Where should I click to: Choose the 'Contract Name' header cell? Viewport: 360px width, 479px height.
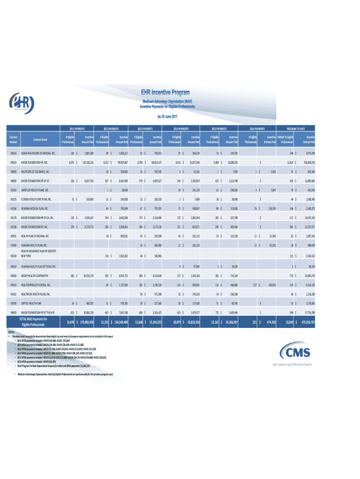coord(40,139)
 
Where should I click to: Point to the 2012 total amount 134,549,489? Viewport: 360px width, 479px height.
coord(121,322)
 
